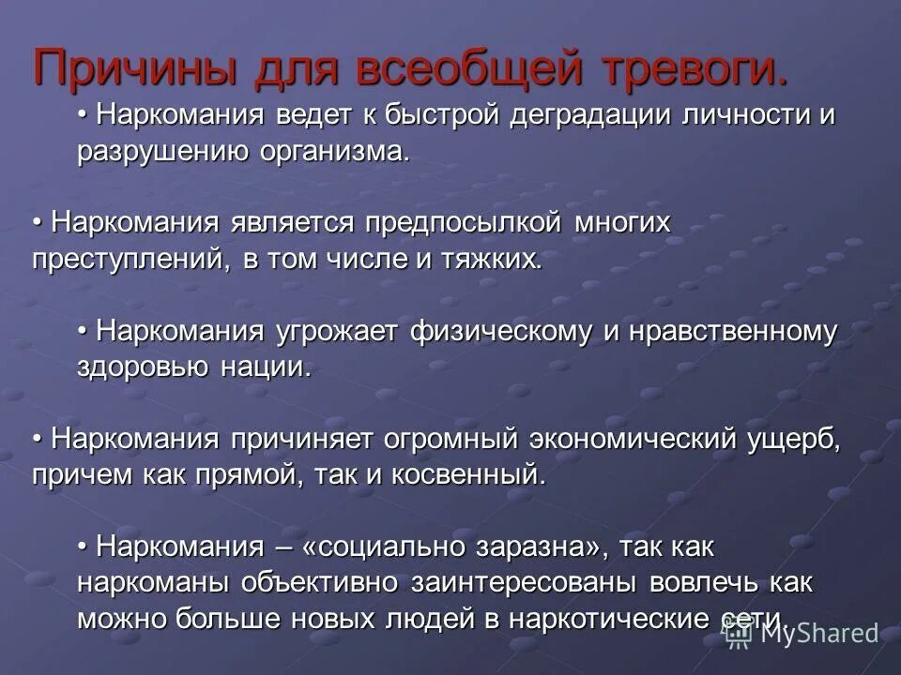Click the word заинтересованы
click(525, 581)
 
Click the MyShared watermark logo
click(803, 634)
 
